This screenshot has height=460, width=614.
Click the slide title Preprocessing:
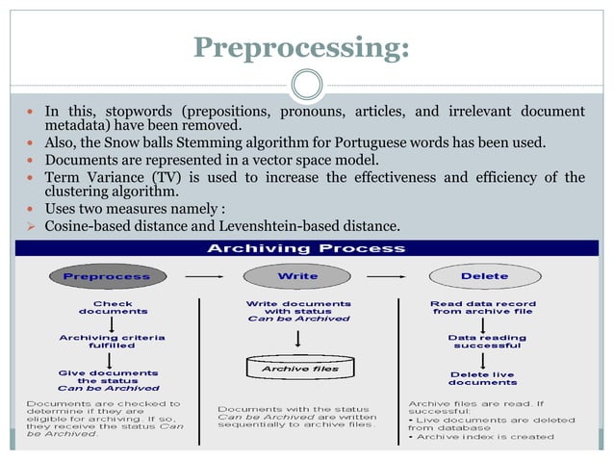(x=301, y=47)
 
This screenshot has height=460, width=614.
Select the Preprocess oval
(x=107, y=276)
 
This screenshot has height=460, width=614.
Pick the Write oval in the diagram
(x=297, y=276)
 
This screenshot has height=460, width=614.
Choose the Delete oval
(x=484, y=276)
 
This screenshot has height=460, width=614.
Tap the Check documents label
(x=113, y=307)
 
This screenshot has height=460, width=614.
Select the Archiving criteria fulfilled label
(x=112, y=342)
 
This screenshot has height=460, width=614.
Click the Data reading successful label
(x=487, y=343)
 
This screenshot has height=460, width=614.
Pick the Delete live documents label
(x=483, y=378)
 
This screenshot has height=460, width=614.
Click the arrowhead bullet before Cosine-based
(x=30, y=226)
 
